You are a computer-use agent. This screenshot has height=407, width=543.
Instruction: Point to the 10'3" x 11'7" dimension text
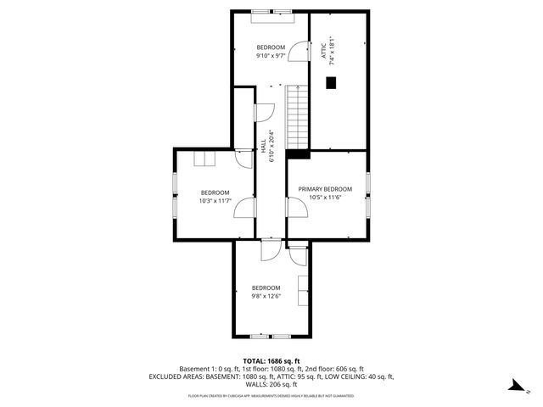(x=215, y=201)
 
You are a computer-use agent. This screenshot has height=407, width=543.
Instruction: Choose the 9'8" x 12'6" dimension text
(x=266, y=296)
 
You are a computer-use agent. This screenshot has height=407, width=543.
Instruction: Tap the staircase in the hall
(x=297, y=116)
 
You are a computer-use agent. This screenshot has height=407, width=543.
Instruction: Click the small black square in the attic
(x=331, y=82)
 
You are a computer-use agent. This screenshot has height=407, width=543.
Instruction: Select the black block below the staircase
(x=298, y=153)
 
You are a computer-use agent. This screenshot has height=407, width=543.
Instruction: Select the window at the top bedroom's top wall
(x=271, y=11)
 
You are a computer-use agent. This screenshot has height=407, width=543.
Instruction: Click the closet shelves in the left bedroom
(x=205, y=159)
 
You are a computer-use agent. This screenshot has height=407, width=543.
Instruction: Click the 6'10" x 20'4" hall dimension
(x=271, y=145)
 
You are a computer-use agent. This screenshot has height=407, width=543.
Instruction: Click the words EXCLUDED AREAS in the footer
(x=175, y=376)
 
